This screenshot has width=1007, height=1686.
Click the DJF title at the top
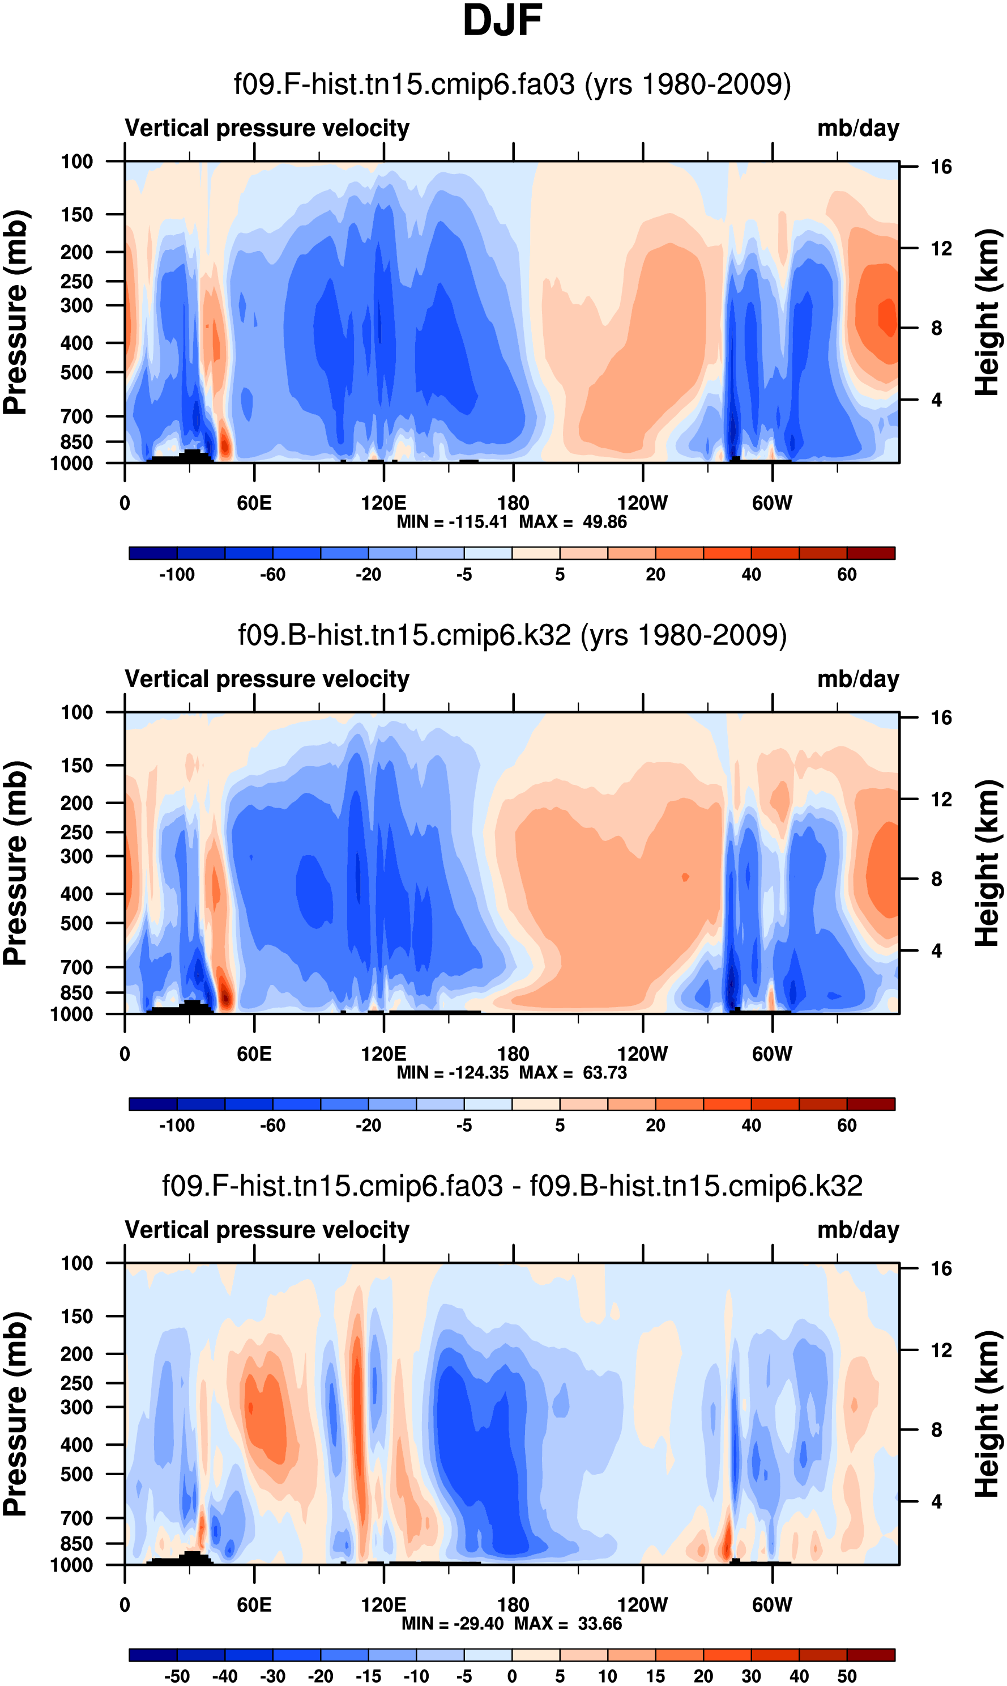(x=502, y=20)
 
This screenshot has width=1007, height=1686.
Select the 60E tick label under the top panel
(x=254, y=503)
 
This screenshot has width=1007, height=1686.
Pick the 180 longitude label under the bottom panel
(x=513, y=1604)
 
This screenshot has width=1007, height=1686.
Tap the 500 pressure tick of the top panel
(x=76, y=373)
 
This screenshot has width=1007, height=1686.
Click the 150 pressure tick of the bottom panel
(x=76, y=1316)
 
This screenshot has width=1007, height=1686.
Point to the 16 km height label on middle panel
(x=941, y=717)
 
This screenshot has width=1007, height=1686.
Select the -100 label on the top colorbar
(x=177, y=575)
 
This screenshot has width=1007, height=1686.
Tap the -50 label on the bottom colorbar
(x=177, y=1676)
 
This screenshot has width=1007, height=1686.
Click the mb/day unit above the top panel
(x=857, y=128)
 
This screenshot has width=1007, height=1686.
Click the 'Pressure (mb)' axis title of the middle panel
(x=15, y=863)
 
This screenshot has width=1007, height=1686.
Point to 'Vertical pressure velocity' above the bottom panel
(x=267, y=1230)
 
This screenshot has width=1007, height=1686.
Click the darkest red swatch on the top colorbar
(x=871, y=553)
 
